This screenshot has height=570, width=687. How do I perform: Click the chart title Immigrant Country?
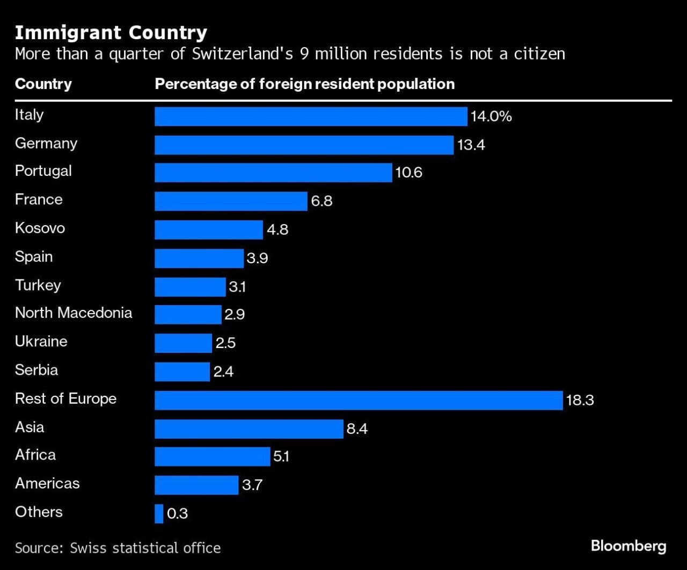111,33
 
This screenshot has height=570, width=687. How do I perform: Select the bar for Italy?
311,116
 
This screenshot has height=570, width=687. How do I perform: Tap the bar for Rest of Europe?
359,400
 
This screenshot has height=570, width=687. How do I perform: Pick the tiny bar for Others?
159,513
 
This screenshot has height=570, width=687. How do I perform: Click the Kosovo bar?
209,230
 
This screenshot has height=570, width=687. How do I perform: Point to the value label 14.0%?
491,116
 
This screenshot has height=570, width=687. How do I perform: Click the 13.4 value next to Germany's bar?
471,145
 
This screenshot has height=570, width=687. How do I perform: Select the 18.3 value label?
580,400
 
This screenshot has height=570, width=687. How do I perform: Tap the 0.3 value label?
177,514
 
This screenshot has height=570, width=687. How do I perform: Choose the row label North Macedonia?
74,313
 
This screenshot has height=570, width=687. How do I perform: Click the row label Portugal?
43,171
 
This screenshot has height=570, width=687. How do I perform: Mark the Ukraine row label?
41,342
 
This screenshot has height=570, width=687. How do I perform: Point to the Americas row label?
47,484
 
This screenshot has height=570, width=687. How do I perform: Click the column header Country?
43,84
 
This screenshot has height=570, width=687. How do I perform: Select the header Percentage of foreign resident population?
304,84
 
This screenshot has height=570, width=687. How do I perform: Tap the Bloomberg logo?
628,546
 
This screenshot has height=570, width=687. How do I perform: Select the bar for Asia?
249,428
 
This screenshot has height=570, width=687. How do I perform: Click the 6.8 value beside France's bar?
321,202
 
